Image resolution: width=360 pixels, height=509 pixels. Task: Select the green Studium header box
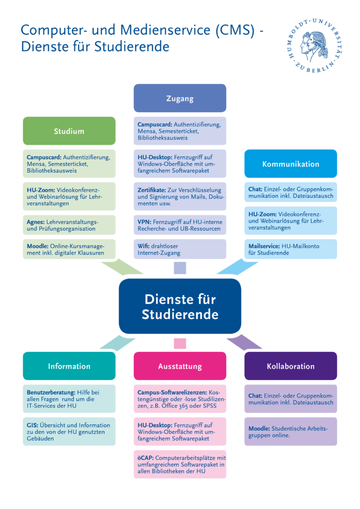tap(69, 131)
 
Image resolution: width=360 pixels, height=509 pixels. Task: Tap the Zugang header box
tap(180, 98)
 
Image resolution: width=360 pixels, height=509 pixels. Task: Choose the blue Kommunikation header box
tap(290, 164)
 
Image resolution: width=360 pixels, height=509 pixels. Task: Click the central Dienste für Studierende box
tap(180, 307)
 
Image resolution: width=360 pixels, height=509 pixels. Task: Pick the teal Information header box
tap(69, 366)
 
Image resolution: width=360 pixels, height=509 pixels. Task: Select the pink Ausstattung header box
tap(180, 366)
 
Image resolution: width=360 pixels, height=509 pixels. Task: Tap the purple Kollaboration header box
tap(290, 366)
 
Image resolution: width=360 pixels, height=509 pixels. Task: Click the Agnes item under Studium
tap(69, 225)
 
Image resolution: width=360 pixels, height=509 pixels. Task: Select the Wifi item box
tap(180, 249)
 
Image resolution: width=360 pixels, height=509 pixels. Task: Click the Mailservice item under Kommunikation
tap(290, 249)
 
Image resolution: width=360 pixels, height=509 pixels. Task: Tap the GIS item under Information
tap(69, 431)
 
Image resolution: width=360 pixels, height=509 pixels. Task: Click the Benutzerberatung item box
tap(69, 399)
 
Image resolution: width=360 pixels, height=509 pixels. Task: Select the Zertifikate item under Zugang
tap(180, 196)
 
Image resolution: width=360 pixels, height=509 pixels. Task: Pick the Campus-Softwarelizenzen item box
tap(180, 399)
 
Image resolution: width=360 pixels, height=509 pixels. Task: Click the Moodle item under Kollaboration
tap(290, 431)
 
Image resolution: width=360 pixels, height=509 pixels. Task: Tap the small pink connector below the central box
tap(180, 343)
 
